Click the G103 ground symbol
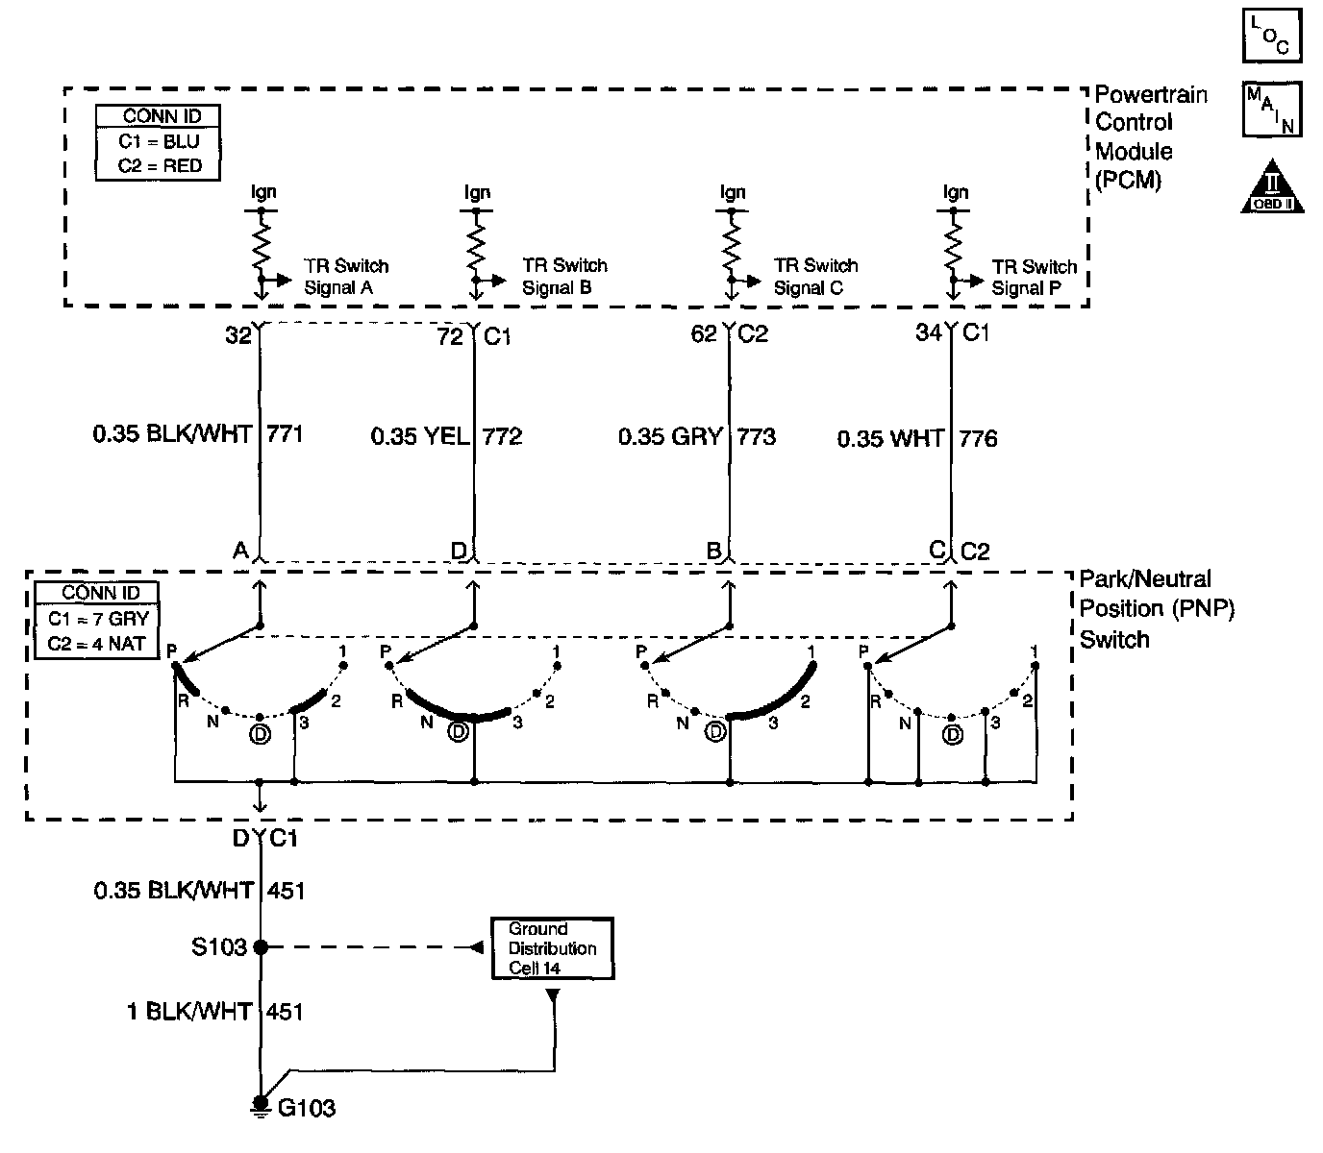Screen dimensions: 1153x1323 point(260,1105)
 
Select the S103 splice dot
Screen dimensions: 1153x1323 point(260,947)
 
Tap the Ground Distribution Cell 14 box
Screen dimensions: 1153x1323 point(552,948)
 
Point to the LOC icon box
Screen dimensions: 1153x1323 point(1271,37)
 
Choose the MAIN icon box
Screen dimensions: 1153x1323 point(1271,109)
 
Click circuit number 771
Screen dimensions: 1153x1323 point(285,434)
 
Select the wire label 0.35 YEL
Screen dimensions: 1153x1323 point(420,437)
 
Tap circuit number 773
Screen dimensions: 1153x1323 point(756,437)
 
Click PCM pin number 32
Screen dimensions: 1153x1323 point(238,335)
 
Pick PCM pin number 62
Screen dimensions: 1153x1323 point(705,334)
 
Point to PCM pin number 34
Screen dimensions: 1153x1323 point(929,333)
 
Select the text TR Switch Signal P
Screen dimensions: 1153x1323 point(1034,278)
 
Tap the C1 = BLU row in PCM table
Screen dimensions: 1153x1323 point(160,141)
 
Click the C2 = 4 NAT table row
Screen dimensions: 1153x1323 point(97,644)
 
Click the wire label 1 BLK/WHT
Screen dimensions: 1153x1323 point(189,1012)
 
